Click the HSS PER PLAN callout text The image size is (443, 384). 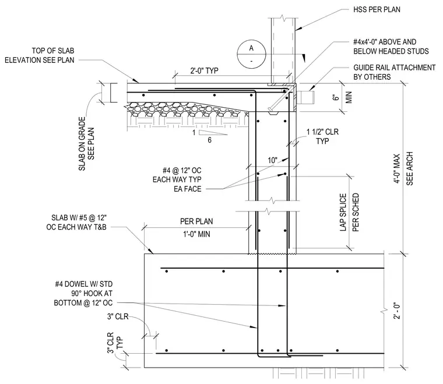(377, 9)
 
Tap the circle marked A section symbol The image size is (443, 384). (251, 54)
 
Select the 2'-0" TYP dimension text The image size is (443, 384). (204, 71)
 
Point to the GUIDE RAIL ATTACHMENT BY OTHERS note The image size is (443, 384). (395, 72)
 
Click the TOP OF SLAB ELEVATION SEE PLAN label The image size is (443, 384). (40, 55)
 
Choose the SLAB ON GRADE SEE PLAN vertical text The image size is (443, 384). (86, 144)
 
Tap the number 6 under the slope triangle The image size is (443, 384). (210, 140)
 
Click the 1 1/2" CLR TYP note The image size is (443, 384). (322, 136)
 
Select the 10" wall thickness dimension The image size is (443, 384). (273, 160)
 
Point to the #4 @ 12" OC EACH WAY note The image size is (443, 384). (177, 179)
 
